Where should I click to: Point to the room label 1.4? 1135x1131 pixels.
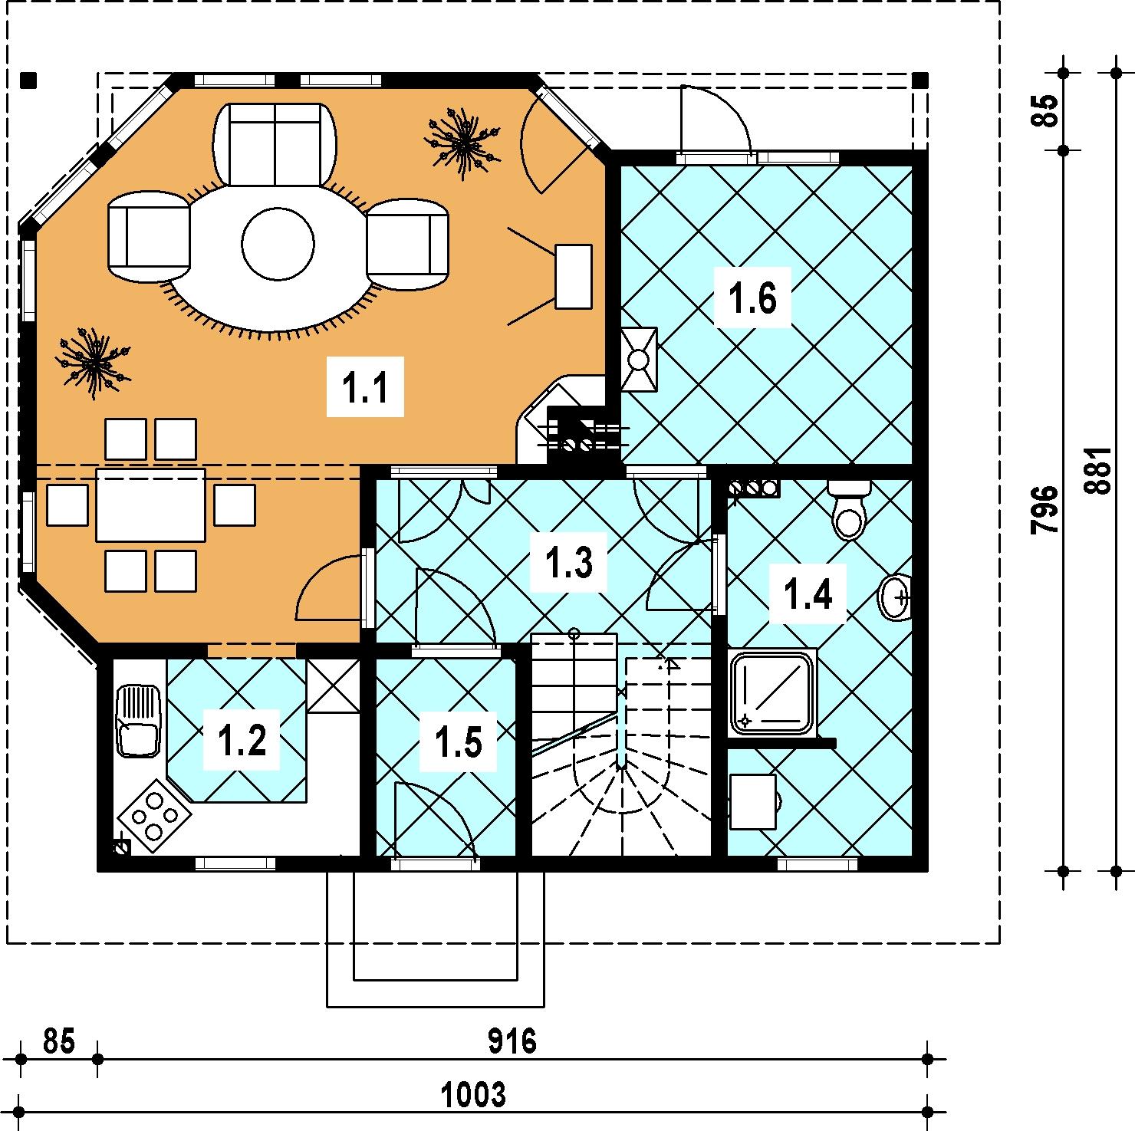coord(809,593)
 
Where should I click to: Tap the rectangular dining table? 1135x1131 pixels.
coord(150,505)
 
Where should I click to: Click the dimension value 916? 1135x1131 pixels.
coord(512,1042)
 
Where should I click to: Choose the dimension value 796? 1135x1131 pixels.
coord(1046,510)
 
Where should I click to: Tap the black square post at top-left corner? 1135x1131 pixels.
coord(29,79)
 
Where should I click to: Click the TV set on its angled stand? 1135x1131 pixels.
coord(573,276)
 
